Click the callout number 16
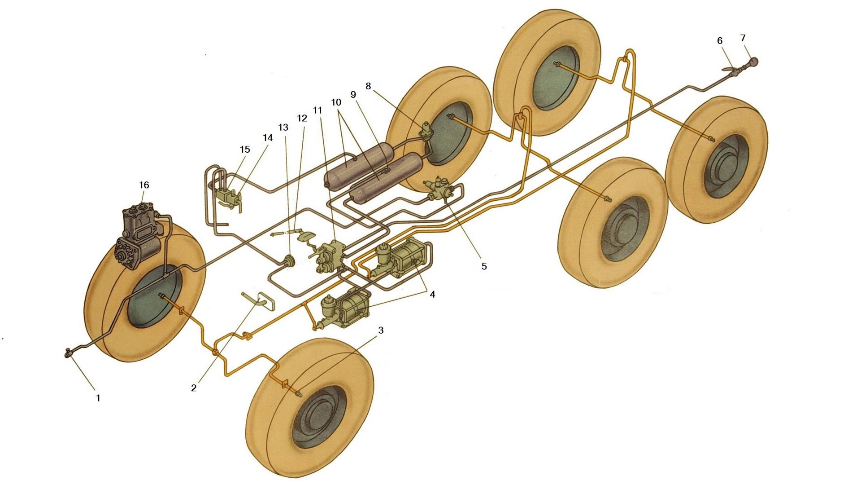pos(144,185)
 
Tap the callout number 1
pos(98,397)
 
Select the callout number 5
pos(484,266)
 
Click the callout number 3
pos(381,331)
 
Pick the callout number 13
pos(283,127)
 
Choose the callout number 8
pos(369,86)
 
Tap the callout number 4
pos(432,295)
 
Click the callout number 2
pos(194,388)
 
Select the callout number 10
pos(336,102)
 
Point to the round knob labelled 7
pos(752,61)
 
